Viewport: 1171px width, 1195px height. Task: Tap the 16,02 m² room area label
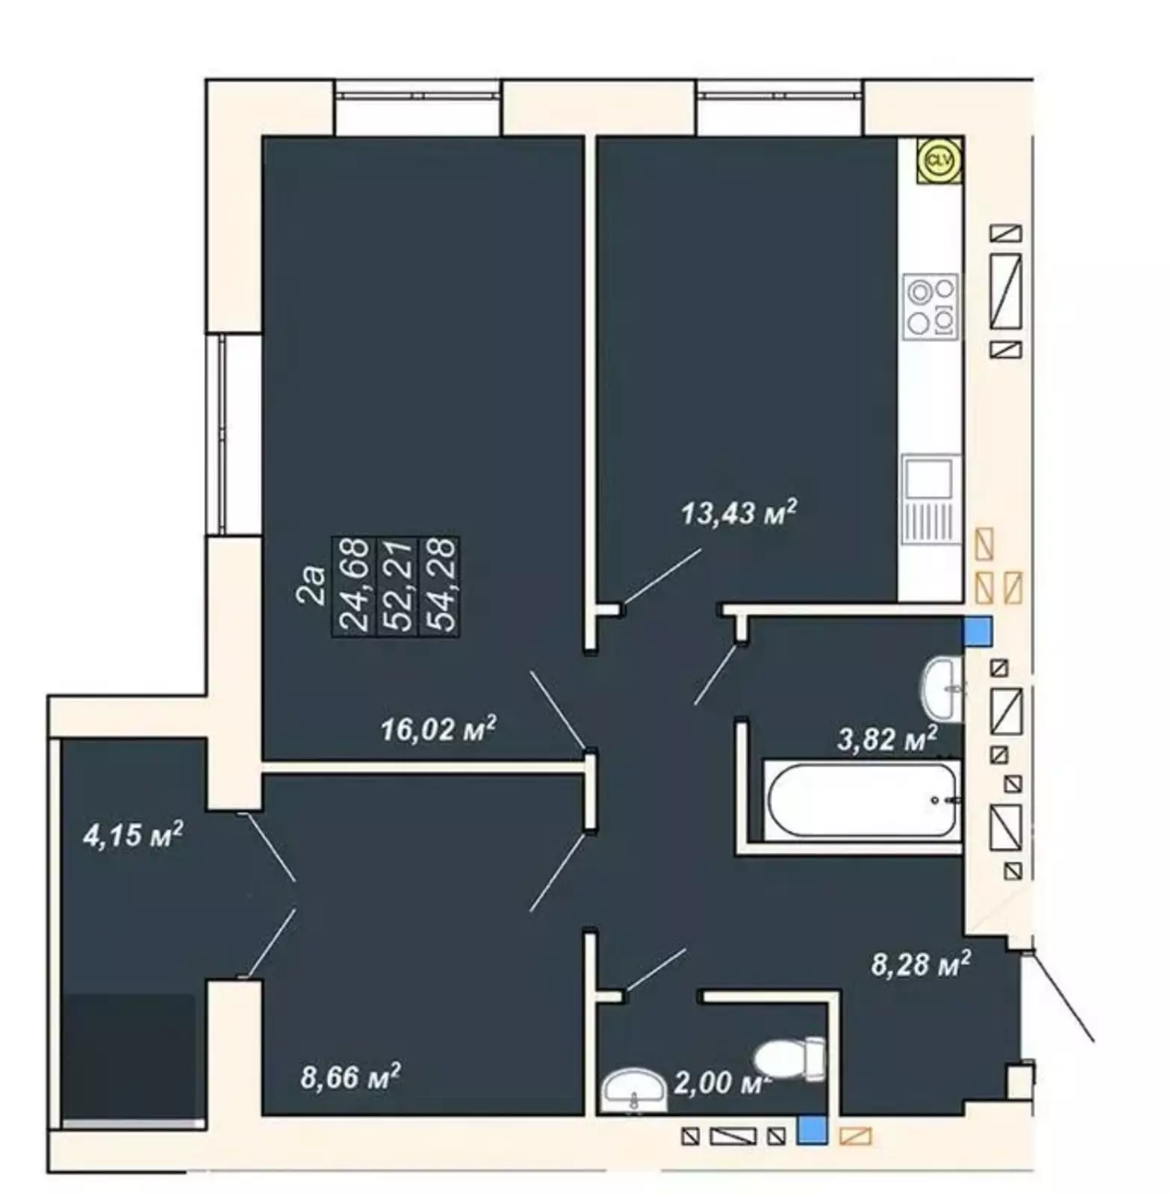[x=439, y=729]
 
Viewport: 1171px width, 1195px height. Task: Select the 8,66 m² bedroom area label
[x=350, y=1076]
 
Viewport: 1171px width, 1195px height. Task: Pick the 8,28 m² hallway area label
[x=921, y=964]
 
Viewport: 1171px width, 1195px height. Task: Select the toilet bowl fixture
[x=789, y=1057]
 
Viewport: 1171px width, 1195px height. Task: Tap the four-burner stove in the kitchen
[x=931, y=306]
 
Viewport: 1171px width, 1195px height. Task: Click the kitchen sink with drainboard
[x=931, y=500]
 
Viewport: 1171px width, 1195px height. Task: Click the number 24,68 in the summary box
[x=355, y=586]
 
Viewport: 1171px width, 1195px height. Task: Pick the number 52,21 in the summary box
[x=397, y=586]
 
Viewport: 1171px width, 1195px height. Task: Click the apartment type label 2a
[x=314, y=585]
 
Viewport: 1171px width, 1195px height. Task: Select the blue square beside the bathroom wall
[x=978, y=630]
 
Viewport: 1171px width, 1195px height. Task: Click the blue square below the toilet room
[x=812, y=1129]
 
